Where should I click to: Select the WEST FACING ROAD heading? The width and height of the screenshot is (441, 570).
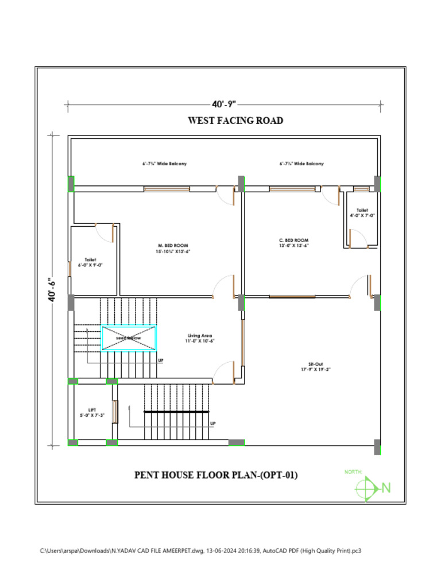tap(235, 121)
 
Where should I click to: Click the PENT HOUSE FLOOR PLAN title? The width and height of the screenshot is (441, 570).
tap(216, 475)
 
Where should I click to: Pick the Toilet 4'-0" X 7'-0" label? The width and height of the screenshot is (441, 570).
tap(362, 212)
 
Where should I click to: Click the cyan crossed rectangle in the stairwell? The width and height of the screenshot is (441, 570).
tap(129, 338)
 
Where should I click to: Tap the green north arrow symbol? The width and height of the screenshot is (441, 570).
tap(367, 488)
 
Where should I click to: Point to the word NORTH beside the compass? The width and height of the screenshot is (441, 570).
tap(353, 471)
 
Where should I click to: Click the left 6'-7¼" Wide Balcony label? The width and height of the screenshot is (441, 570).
tap(164, 164)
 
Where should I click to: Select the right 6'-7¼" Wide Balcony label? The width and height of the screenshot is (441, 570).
tap(301, 164)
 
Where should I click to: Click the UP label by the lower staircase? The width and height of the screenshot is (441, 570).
tap(213, 424)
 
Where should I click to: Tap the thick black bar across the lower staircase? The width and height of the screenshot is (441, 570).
tap(176, 412)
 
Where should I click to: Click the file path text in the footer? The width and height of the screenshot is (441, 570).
tap(200, 550)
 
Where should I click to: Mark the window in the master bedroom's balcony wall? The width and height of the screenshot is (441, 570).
tap(167, 188)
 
